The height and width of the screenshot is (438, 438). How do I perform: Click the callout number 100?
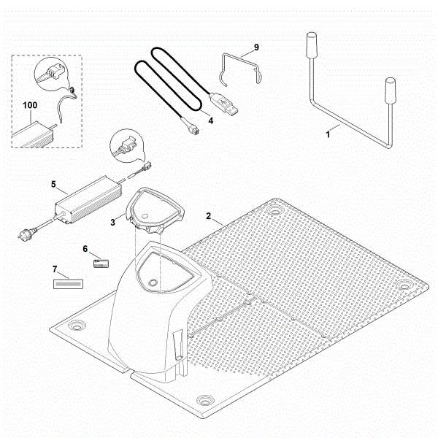30,106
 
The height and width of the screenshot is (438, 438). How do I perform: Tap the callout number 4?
210,120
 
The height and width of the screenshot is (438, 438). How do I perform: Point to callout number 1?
328,134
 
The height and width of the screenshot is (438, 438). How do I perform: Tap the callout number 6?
85,249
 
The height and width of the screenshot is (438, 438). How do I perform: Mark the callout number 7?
55,269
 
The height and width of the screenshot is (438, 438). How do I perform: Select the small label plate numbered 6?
101,262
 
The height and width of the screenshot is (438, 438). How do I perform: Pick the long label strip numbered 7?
66,281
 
